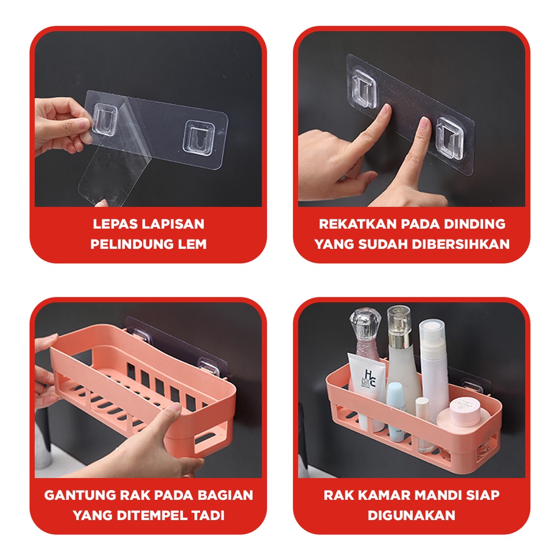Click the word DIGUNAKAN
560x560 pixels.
point(411,515)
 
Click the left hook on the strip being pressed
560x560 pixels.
point(364,89)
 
